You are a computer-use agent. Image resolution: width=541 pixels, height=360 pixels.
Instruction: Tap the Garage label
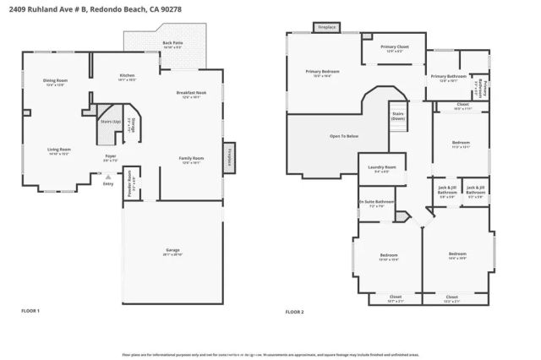pyautogui.click(x=172, y=251)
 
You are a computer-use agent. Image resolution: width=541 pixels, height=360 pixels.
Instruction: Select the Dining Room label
pyautogui.click(x=55, y=80)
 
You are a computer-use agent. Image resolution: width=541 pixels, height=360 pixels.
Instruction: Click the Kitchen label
pyautogui.click(x=127, y=75)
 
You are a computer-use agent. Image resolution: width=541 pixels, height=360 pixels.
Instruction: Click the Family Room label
pyautogui.click(x=190, y=158)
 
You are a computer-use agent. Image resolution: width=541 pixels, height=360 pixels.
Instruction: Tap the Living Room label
pyautogui.click(x=58, y=150)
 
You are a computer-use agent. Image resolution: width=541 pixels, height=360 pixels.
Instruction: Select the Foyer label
pyautogui.click(x=110, y=156)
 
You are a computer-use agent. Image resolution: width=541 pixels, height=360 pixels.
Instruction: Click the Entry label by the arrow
pyautogui.click(x=107, y=183)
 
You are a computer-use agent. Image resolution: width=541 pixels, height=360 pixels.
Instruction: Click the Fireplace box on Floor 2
pyautogui.click(x=326, y=28)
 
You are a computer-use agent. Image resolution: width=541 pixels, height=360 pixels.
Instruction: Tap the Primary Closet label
pyautogui.click(x=394, y=47)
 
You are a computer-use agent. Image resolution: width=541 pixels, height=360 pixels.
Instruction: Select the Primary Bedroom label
pyautogui.click(x=322, y=72)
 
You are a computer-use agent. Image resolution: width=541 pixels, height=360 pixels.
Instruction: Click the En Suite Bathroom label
pyautogui.click(x=376, y=202)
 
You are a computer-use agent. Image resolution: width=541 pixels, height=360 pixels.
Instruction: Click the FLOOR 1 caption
pyautogui.click(x=30, y=311)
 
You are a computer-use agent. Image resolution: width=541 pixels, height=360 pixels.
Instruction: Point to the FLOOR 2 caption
pyautogui.click(x=294, y=311)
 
